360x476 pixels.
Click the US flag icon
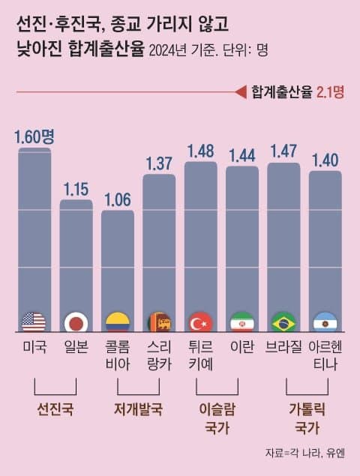pos(34,322)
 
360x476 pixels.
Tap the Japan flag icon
pos(76,322)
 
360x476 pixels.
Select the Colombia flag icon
pos(117,322)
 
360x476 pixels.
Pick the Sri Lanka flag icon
pos(159,322)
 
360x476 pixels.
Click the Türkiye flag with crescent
pos(200,322)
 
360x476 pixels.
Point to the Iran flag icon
pos(241,322)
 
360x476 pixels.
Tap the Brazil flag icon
pos(283,322)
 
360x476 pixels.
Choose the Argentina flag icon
pos(325,322)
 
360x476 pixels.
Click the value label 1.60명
pos(34,136)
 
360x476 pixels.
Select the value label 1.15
pos(76,189)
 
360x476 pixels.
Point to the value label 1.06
pos(117,199)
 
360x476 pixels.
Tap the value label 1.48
pos(200,151)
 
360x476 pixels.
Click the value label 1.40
pos(325,160)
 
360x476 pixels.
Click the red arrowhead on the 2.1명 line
pos(240,92)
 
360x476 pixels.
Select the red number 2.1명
pos(331,92)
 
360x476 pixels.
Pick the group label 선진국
pos(55,409)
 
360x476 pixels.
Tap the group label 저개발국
pos(138,409)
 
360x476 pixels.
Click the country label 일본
pos(76,347)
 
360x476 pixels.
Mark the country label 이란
pos(241,347)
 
